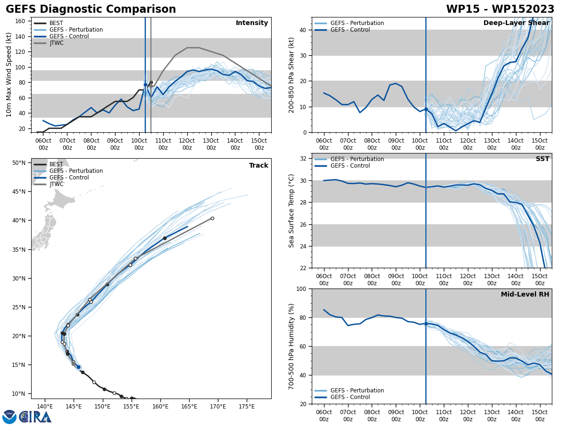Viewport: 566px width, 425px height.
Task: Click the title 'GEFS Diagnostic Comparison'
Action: click(x=91, y=9)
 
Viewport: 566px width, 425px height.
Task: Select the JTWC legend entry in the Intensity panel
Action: click(x=56, y=43)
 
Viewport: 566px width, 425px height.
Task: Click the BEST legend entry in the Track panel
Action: click(x=56, y=164)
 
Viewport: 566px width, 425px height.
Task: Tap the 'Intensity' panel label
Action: click(x=252, y=23)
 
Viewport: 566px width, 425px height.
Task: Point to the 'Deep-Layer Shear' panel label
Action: click(x=516, y=23)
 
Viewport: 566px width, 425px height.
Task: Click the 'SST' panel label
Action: click(x=542, y=159)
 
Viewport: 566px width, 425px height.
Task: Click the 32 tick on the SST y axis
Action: click(x=304, y=159)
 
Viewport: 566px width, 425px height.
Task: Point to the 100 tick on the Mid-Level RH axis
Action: click(x=302, y=289)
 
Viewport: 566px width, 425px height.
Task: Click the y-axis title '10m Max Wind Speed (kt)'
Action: click(x=8, y=75)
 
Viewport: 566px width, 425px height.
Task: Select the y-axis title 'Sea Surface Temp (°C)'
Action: click(x=291, y=211)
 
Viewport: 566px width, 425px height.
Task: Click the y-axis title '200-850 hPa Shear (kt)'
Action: click(x=291, y=75)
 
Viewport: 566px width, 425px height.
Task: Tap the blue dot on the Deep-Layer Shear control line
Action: click(x=426, y=110)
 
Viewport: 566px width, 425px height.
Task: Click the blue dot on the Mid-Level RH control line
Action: click(x=426, y=323)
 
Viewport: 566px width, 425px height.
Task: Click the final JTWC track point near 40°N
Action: click(x=212, y=218)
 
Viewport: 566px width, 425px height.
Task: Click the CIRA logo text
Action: click(x=35, y=416)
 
